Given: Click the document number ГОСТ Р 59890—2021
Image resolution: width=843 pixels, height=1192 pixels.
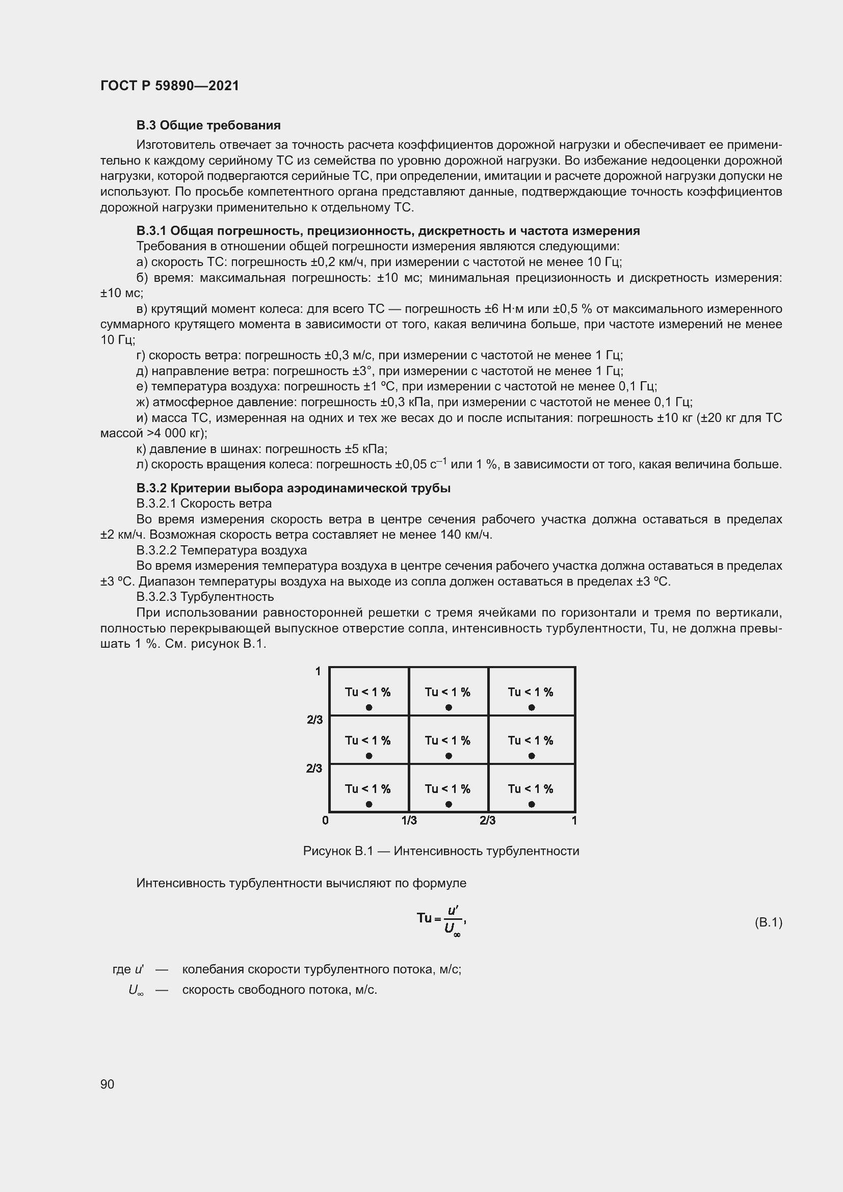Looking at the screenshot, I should (x=170, y=86).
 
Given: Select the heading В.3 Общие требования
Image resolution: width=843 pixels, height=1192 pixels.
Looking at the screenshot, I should (x=208, y=126).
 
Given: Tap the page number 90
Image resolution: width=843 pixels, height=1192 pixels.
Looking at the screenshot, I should (x=107, y=1084).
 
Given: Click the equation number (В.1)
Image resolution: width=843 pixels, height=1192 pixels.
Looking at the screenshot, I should (x=768, y=922).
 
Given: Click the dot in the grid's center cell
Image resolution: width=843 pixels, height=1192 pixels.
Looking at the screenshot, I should (x=449, y=756).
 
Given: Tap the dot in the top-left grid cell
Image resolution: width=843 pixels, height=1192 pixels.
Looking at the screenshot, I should (x=369, y=708).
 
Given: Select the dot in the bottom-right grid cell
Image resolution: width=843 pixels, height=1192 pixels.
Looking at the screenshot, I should (x=532, y=804).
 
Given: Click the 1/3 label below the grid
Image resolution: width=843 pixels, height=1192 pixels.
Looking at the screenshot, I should (x=409, y=820).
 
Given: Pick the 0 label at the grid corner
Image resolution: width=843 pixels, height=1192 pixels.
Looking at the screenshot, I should (x=326, y=820).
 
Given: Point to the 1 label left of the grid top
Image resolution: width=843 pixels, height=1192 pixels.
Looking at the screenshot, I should (x=318, y=672).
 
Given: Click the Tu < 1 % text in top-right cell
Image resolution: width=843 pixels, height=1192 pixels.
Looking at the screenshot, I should (x=531, y=692).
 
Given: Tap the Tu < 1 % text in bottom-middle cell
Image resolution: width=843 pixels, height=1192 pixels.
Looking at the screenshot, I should (x=447, y=789).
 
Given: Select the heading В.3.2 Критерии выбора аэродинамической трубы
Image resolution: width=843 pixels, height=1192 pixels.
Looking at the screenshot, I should (x=293, y=488).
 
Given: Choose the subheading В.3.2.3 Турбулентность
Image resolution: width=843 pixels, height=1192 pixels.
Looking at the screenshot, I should (x=205, y=597).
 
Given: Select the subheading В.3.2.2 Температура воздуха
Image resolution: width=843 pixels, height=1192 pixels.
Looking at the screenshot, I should (x=222, y=550).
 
